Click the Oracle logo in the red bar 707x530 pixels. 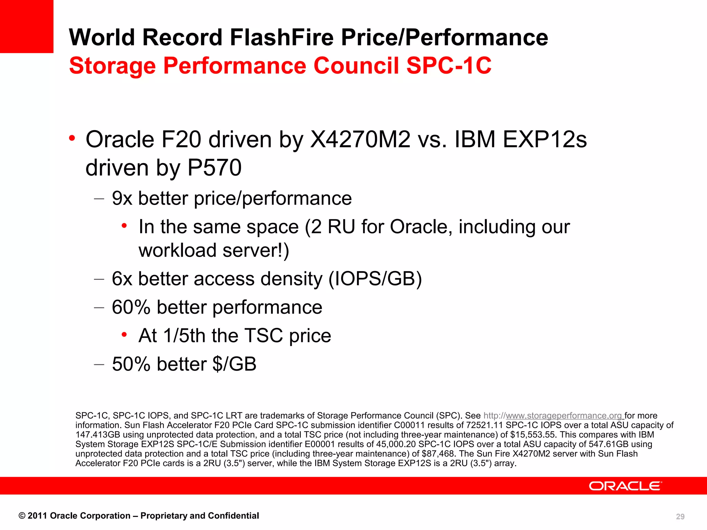[625, 486]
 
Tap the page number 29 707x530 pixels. [680, 517]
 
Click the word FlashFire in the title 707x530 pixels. [282, 37]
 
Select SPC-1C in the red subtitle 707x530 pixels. [449, 65]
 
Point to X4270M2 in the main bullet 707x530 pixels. [360, 140]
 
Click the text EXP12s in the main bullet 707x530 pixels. [544, 140]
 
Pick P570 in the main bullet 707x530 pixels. [214, 168]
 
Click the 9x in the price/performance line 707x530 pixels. [122, 198]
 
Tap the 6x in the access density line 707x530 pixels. [122, 279]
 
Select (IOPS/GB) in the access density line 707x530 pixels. [375, 279]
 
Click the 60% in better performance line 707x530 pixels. [131, 307]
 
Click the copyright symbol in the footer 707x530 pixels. [22, 516]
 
